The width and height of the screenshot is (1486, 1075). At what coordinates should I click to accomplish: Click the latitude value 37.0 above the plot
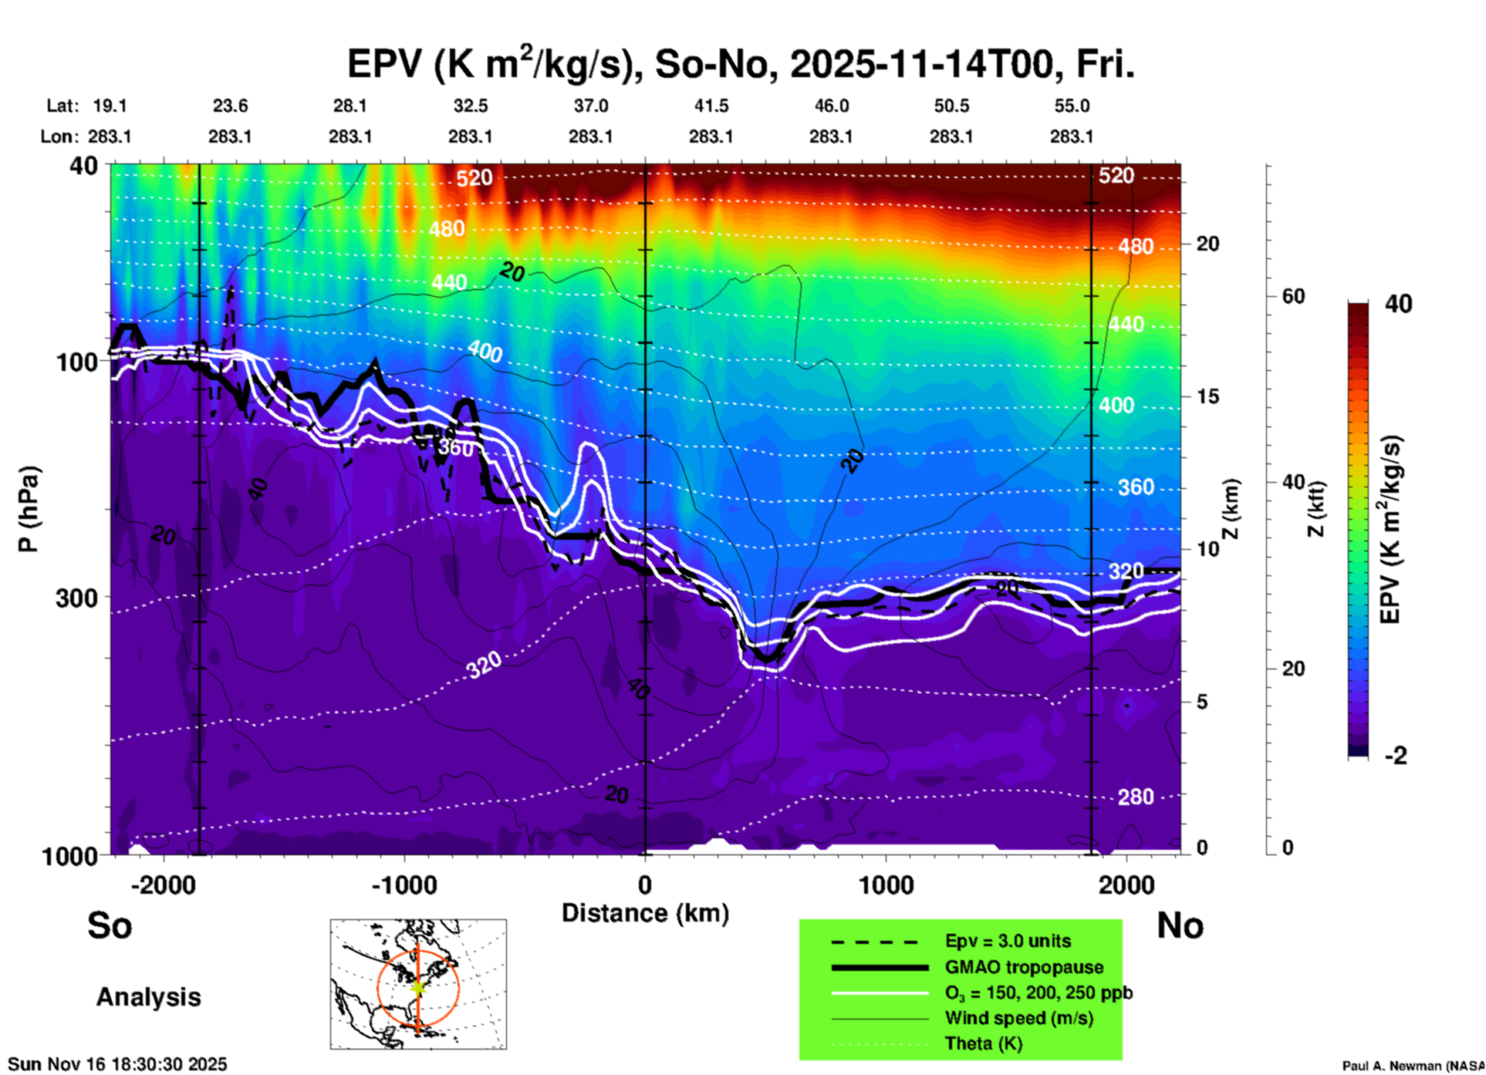pyautogui.click(x=590, y=106)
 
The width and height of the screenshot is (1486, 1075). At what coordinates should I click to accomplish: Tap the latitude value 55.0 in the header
pyautogui.click(x=1071, y=106)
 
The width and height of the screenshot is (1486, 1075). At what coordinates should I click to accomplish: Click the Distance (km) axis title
pyautogui.click(x=645, y=913)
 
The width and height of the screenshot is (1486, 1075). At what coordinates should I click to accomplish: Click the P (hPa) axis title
pyautogui.click(x=29, y=509)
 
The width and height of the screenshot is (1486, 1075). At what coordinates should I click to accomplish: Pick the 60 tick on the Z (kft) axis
pyautogui.click(x=1293, y=296)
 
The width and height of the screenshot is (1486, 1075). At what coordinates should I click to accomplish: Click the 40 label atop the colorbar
pyautogui.click(x=1398, y=304)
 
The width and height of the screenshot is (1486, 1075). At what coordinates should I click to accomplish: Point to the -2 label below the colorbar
pyautogui.click(x=1396, y=756)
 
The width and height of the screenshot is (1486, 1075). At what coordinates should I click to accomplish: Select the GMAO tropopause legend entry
pyautogui.click(x=1024, y=967)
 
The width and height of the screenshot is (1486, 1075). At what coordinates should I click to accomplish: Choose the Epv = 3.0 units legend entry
pyautogui.click(x=1008, y=942)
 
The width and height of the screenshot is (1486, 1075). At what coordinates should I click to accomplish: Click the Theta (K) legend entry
pyautogui.click(x=983, y=1043)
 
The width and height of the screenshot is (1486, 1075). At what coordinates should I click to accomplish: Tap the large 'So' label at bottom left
pyautogui.click(x=110, y=925)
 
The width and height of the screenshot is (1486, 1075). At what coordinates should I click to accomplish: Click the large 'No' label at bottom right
pyautogui.click(x=1180, y=925)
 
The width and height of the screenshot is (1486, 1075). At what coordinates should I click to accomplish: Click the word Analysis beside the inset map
pyautogui.click(x=148, y=997)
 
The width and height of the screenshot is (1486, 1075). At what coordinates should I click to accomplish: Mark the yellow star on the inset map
pyautogui.click(x=418, y=986)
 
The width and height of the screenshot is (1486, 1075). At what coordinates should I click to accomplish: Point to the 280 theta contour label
pyautogui.click(x=1136, y=797)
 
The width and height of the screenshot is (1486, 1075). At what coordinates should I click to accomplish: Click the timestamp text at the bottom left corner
pyautogui.click(x=117, y=1064)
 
